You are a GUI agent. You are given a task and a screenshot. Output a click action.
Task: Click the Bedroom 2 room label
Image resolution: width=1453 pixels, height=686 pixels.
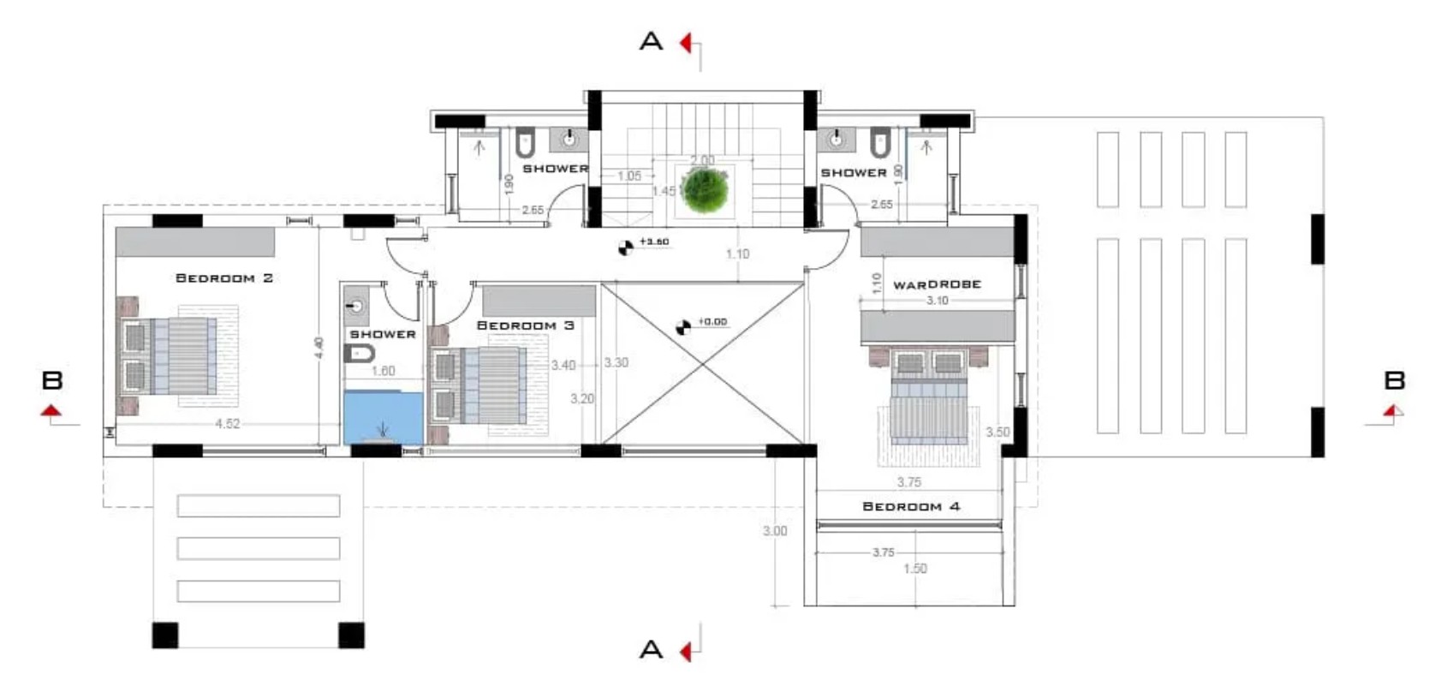[223, 278]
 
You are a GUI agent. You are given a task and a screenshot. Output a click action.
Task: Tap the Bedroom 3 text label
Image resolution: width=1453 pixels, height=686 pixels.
[525, 325]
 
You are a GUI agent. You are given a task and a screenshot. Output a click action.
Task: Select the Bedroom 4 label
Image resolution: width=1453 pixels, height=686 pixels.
[910, 506]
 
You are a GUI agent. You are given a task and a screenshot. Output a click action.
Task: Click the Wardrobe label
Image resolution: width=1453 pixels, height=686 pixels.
[937, 284]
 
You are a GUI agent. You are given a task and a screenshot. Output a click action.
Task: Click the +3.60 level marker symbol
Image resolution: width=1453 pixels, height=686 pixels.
[626, 248]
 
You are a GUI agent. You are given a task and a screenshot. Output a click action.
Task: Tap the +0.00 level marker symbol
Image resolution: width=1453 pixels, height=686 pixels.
[682, 327]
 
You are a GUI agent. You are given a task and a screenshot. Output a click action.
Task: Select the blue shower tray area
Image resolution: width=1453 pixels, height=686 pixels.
[383, 417]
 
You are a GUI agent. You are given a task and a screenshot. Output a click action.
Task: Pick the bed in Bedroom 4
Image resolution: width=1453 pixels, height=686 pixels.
[929, 403]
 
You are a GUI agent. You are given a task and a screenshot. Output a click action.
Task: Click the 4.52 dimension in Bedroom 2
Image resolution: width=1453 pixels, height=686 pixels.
[227, 424]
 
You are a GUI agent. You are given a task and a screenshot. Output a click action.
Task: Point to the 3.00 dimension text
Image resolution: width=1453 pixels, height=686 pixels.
[774, 531]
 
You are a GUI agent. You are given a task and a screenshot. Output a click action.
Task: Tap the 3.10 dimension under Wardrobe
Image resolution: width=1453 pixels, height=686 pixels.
[937, 301]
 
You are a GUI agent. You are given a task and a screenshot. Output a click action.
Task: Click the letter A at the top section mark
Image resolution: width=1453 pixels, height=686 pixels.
[651, 41]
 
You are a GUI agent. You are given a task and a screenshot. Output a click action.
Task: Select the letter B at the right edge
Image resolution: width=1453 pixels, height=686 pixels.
[1395, 380]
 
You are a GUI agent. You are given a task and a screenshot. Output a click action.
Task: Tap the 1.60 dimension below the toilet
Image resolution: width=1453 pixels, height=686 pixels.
[383, 371]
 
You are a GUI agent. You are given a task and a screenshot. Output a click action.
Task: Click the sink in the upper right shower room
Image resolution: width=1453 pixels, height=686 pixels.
[836, 140]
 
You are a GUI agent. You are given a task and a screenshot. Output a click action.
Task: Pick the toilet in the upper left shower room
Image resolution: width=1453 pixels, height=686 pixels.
[525, 143]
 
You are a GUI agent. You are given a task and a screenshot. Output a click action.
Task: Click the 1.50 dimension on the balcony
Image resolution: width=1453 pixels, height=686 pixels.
[914, 569]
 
